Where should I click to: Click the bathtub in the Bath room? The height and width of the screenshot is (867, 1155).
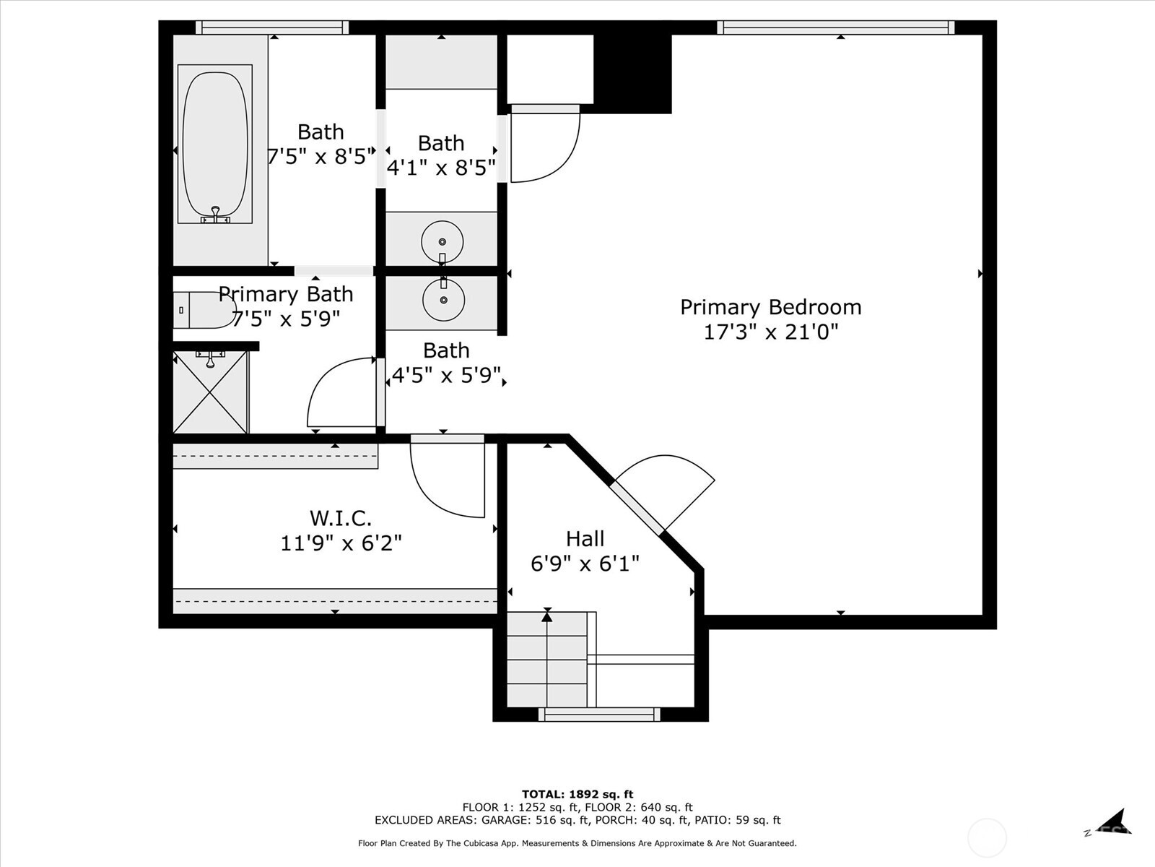[215, 144]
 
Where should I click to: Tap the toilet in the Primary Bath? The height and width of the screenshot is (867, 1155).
[204, 311]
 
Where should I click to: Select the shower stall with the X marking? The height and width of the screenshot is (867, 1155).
[211, 392]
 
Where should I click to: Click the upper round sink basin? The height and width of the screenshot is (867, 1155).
[442, 241]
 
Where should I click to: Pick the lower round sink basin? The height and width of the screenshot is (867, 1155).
[443, 299]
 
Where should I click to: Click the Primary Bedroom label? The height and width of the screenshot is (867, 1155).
[770, 307]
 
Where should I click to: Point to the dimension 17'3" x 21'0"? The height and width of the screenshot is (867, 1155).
[770, 332]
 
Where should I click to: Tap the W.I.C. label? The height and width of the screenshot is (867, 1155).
[341, 518]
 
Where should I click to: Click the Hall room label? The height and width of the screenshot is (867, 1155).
[585, 539]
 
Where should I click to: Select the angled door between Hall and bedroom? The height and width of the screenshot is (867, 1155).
[637, 509]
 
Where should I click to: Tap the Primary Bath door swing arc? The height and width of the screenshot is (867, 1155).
[339, 394]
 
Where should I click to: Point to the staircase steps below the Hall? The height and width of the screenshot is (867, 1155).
[547, 659]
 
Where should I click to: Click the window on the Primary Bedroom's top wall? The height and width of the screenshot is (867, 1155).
[835, 27]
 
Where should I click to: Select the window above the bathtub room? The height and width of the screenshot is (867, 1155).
[272, 27]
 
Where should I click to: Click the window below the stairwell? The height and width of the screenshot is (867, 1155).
[599, 715]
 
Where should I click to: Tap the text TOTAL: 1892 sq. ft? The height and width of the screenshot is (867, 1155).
[577, 794]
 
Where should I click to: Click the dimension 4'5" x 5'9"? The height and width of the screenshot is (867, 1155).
[446, 376]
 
